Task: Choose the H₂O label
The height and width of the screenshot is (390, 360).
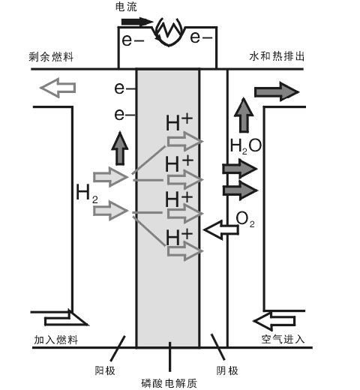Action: (x=245, y=145)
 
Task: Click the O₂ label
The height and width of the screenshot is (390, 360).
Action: (x=246, y=218)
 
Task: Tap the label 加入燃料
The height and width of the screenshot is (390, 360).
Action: (x=55, y=340)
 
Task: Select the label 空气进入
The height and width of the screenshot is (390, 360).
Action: (x=283, y=340)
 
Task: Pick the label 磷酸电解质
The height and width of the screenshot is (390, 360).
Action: (x=172, y=382)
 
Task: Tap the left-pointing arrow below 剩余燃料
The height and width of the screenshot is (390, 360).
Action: (x=58, y=88)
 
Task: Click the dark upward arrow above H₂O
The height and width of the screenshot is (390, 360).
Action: (x=243, y=115)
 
